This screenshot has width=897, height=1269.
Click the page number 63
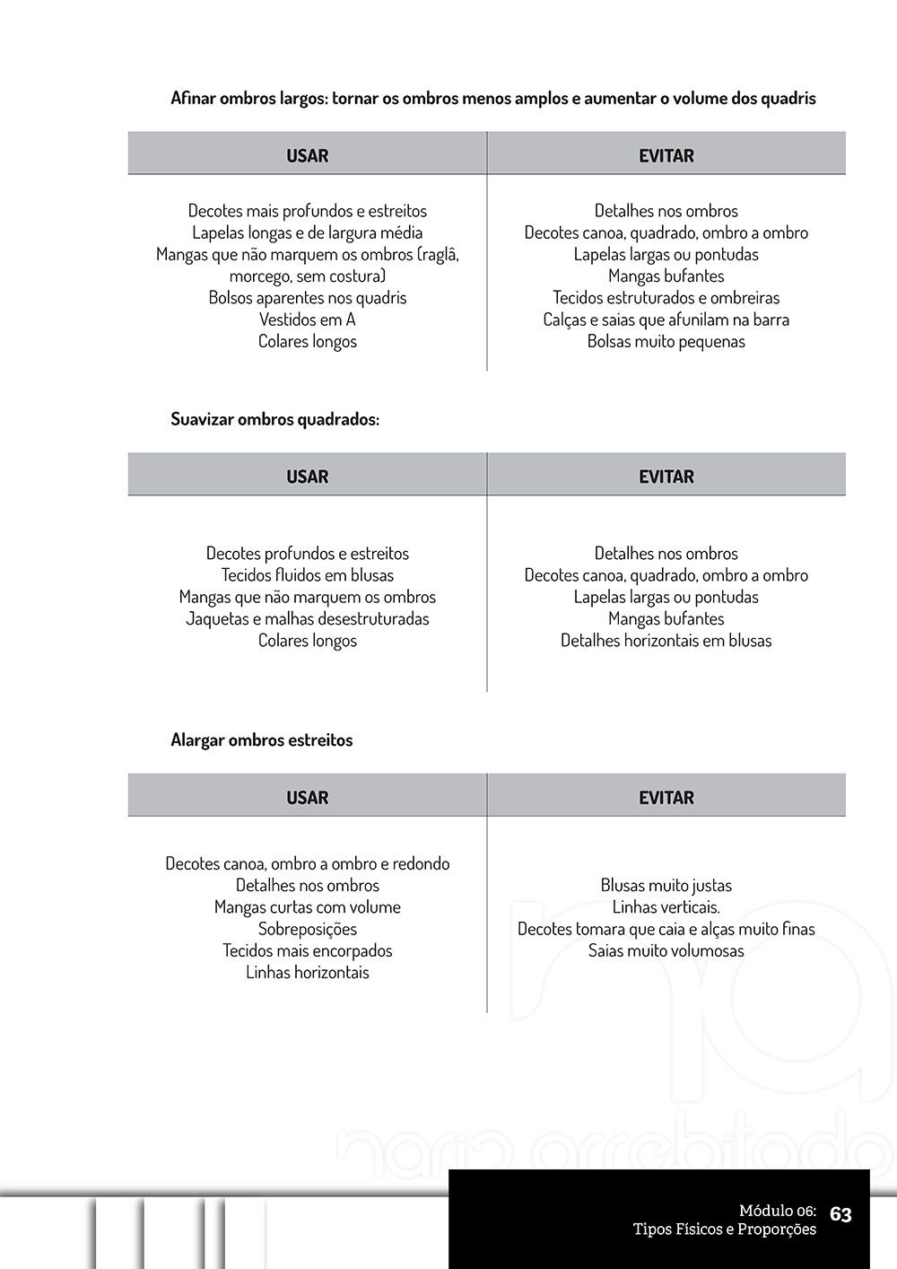[x=840, y=1214]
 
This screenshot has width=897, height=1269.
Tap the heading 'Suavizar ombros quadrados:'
[x=274, y=419]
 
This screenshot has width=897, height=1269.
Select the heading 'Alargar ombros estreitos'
[x=261, y=740]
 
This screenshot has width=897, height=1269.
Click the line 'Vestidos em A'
[x=307, y=319]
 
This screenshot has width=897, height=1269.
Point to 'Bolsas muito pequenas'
[x=666, y=341]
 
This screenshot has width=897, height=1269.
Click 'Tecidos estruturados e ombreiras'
[x=666, y=298]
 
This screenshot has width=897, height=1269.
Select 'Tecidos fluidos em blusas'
[x=307, y=575]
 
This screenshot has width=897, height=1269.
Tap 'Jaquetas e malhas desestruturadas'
[x=307, y=618]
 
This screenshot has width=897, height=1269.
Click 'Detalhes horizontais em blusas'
[x=666, y=641]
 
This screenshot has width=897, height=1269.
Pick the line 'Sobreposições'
[x=307, y=929]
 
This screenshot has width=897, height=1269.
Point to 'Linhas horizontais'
[x=307, y=972]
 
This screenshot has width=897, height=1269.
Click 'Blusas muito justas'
[x=666, y=885]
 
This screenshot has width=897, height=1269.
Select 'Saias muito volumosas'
[x=666, y=950]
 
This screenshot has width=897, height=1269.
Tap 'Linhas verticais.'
[x=666, y=907]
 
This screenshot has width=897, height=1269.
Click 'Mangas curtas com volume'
[x=307, y=907]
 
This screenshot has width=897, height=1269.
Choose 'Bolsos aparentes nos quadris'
[x=307, y=298]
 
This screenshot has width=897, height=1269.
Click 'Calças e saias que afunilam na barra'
[x=666, y=319]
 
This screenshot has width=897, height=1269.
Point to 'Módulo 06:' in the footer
[x=777, y=1211]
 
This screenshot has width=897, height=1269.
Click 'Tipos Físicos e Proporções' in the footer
[x=724, y=1230]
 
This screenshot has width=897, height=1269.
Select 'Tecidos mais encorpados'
[x=307, y=950]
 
